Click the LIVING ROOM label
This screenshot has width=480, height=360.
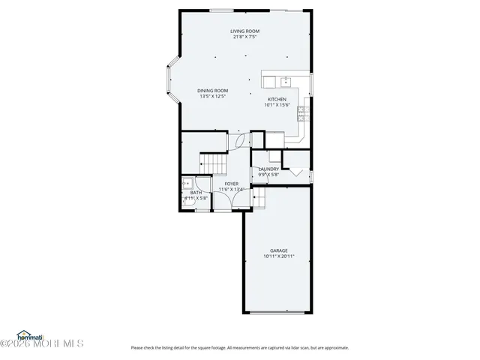(245, 31)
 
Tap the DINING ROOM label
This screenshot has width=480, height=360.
(212, 91)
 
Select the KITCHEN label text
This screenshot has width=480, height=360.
(277, 100)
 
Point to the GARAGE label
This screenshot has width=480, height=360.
(278, 250)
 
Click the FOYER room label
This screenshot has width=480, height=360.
(231, 184)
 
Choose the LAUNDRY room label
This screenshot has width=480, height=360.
(268, 169)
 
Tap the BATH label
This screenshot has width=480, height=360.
(196, 193)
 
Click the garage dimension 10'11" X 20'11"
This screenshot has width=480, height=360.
(278, 256)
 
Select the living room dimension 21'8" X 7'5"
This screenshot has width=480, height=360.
(245, 37)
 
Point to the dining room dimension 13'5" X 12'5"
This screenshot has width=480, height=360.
(212, 97)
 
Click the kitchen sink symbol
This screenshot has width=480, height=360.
(286, 81)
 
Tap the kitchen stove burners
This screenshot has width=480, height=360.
(302, 113)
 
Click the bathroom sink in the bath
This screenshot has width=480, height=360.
(185, 182)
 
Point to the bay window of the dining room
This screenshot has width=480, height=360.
(170, 79)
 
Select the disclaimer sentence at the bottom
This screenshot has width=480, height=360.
(239, 347)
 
